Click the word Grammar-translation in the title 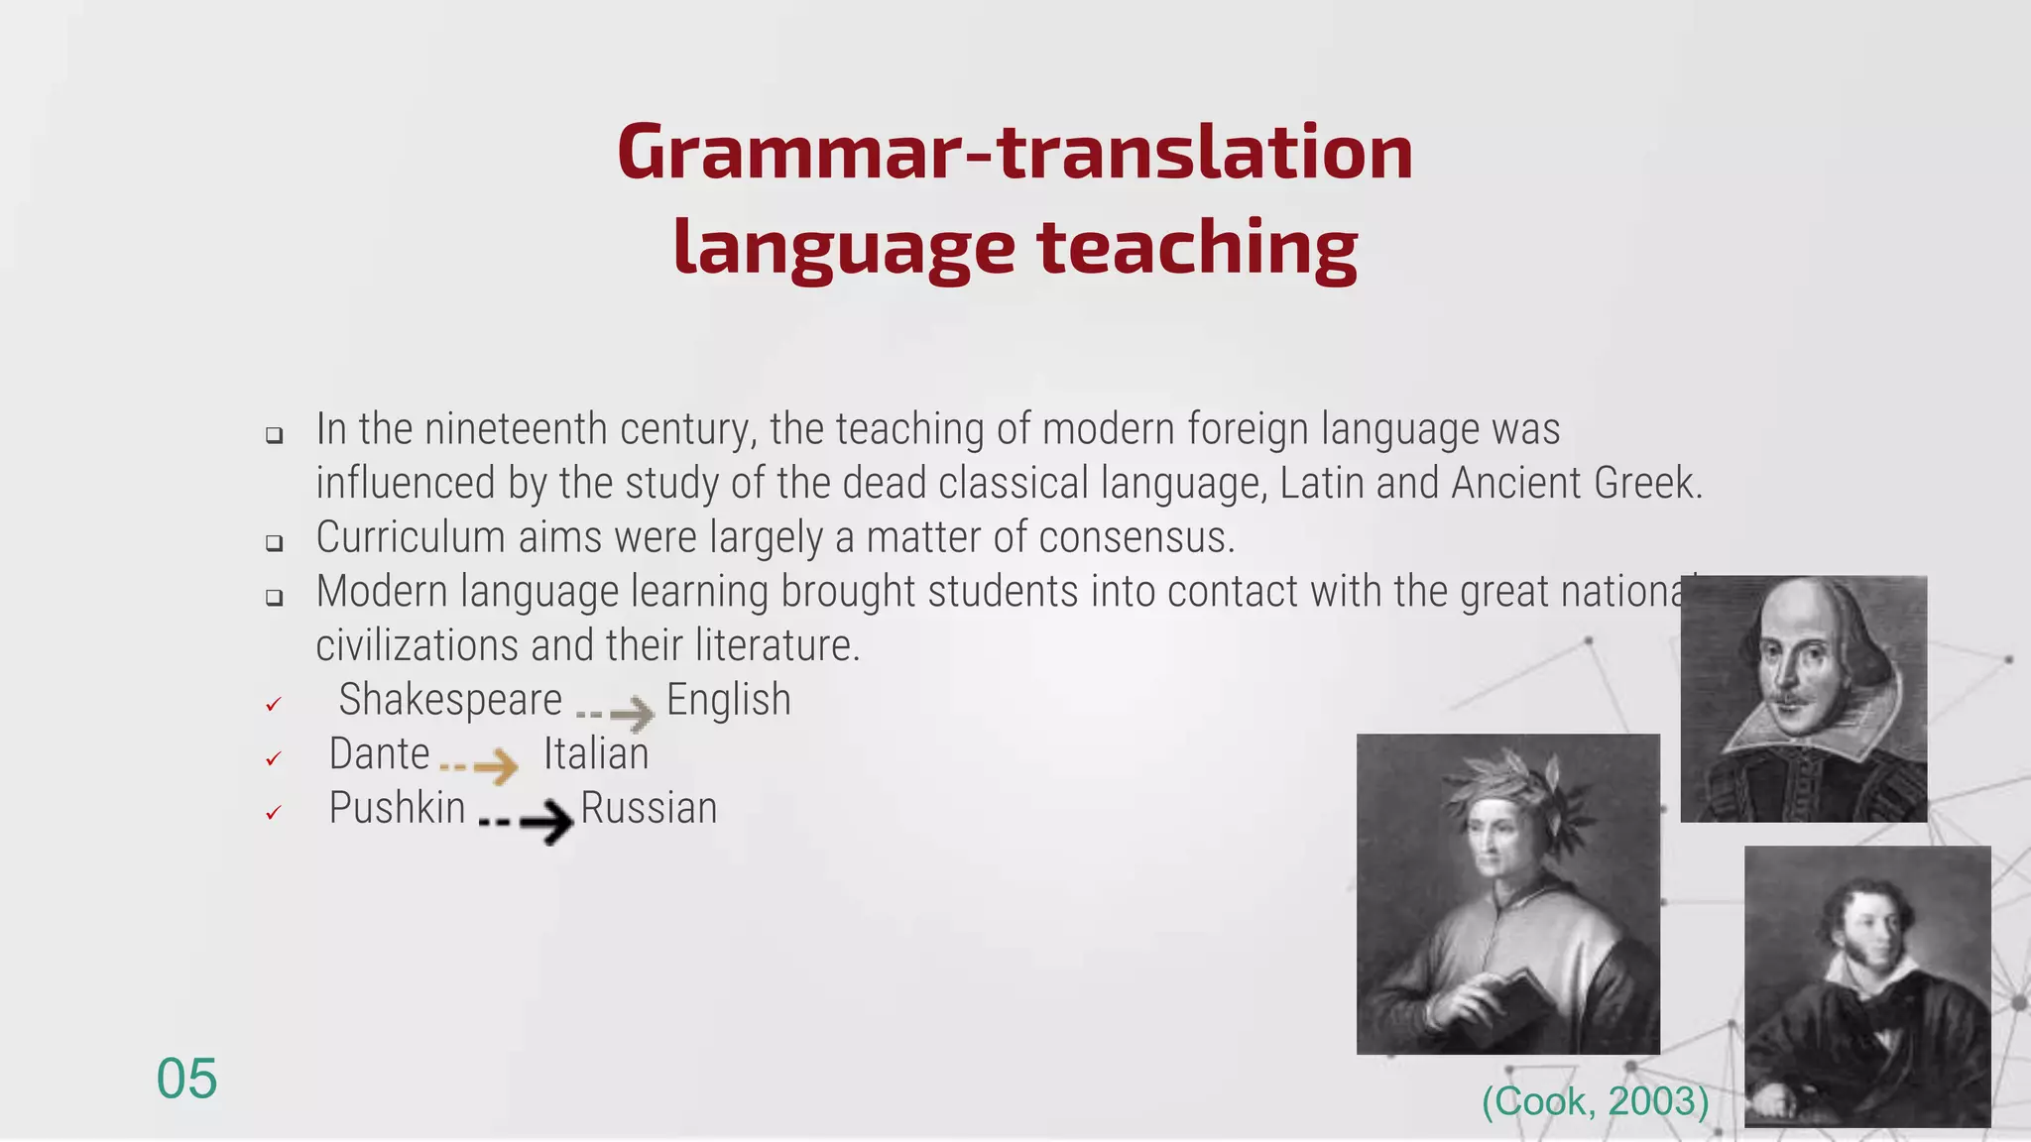point(1015,153)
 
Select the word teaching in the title point(1197,247)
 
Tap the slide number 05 point(186,1079)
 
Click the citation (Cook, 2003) point(1595,1101)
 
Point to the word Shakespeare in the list point(450,700)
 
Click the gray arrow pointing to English point(617,712)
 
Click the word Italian point(595,754)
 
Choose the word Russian point(649,808)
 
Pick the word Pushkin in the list point(397,808)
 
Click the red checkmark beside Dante point(274,759)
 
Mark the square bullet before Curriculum point(275,542)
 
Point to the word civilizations point(417,646)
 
